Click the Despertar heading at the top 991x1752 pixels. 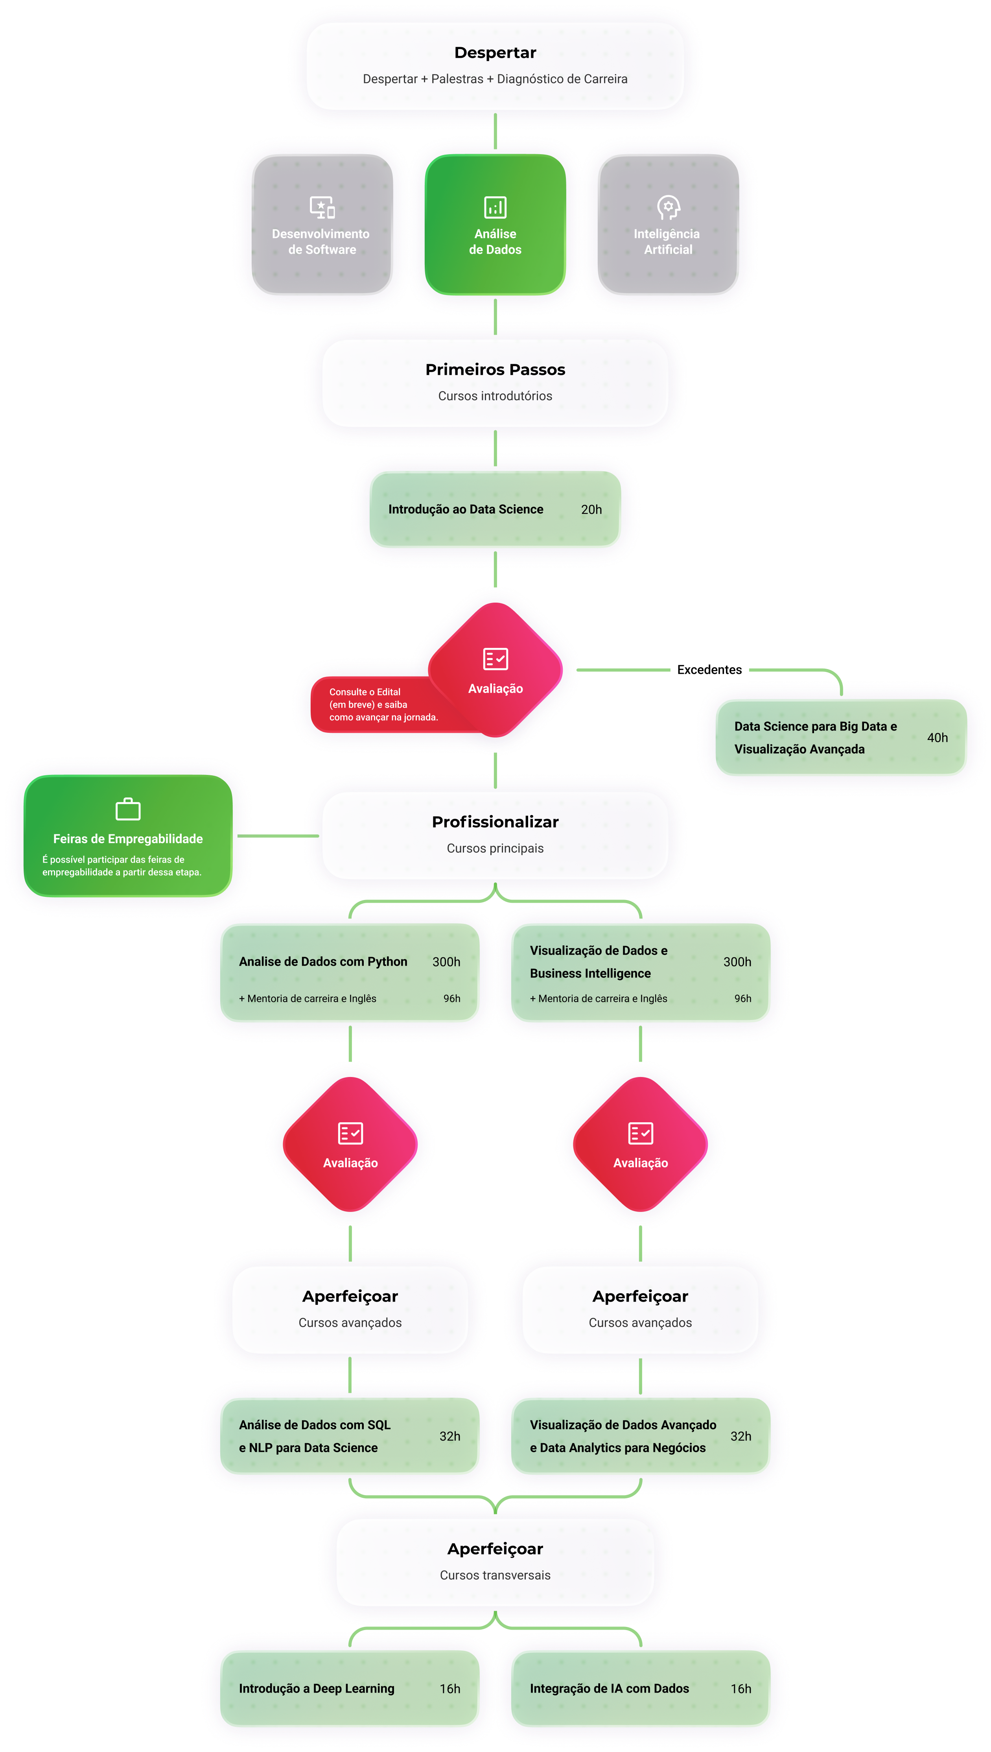coord(495,52)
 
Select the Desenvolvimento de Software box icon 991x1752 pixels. coord(322,207)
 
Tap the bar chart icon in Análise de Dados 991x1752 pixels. coord(495,207)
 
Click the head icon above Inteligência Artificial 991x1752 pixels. coord(668,207)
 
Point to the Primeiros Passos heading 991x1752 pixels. coord(495,370)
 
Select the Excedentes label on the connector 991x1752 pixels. coord(709,670)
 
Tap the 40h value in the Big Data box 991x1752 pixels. coord(937,738)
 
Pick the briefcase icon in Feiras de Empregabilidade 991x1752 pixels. coord(128,809)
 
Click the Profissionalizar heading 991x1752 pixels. coord(495,822)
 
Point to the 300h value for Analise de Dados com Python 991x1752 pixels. coord(446,962)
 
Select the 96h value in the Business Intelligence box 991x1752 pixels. coord(742,998)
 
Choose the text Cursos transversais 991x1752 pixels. coord(495,1575)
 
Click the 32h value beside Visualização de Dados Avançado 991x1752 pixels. coord(740,1436)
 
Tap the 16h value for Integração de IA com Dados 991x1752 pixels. coord(740,1689)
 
